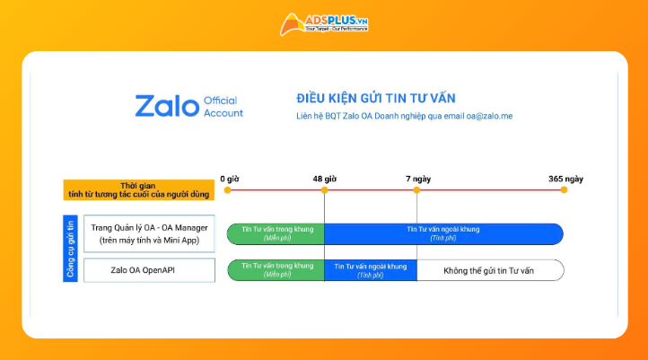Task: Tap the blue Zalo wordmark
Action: click(x=167, y=106)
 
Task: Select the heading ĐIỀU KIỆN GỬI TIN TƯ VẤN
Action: click(x=381, y=97)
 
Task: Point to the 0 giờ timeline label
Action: click(x=230, y=179)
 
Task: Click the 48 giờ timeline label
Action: click(x=324, y=179)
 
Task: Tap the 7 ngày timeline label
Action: click(x=416, y=179)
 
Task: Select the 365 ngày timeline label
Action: click(x=565, y=179)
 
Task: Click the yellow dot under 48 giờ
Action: click(x=324, y=190)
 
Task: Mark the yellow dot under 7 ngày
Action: click(x=416, y=190)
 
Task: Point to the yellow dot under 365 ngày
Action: click(x=564, y=190)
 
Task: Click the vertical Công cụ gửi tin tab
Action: click(x=70, y=249)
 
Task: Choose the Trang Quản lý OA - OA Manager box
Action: click(x=149, y=233)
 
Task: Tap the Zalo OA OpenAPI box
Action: click(x=149, y=269)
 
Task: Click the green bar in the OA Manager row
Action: click(x=276, y=233)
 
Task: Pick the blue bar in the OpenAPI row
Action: click(x=370, y=269)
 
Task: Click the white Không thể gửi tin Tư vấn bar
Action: click(x=490, y=269)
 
